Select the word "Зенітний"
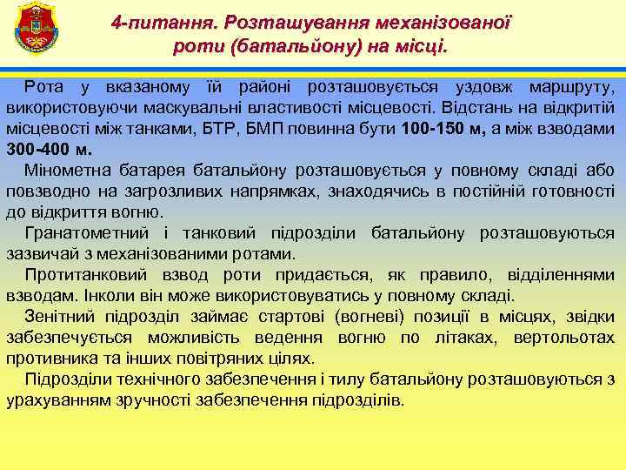click(x=61, y=317)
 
